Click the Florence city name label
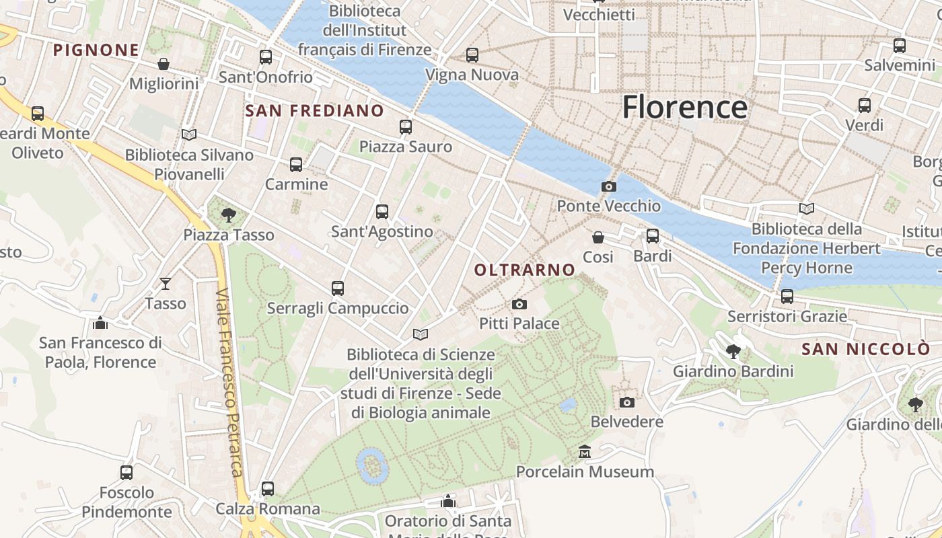click(684, 108)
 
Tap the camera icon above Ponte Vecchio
click(608, 186)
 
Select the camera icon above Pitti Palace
click(519, 304)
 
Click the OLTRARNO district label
click(525, 270)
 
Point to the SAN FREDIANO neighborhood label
click(315, 111)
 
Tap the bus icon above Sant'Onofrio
click(266, 57)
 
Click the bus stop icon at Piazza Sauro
click(405, 126)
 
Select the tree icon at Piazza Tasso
click(229, 215)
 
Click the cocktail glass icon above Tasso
click(166, 284)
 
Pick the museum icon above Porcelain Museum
click(584, 451)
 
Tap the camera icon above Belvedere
click(626, 402)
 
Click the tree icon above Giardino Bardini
click(733, 351)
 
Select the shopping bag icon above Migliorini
click(164, 64)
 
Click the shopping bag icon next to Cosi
click(597, 237)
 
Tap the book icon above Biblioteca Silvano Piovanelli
click(189, 135)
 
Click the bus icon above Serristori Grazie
click(787, 296)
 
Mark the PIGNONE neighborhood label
click(96, 50)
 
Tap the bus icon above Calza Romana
click(268, 489)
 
